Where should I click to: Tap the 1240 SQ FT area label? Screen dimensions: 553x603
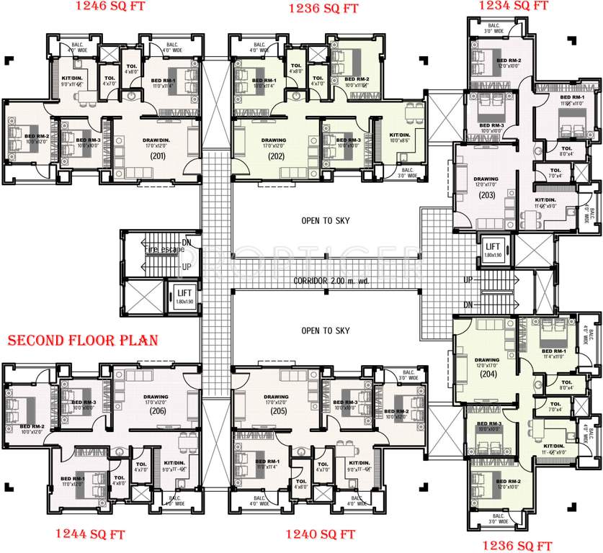(320, 534)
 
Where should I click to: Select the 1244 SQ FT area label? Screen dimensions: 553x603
(90, 534)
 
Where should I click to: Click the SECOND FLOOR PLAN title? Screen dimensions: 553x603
(83, 339)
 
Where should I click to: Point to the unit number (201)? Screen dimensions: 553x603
(158, 156)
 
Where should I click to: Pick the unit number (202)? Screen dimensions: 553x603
(275, 156)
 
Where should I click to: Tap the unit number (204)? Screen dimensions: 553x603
(486, 374)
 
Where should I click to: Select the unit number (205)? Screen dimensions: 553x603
(275, 411)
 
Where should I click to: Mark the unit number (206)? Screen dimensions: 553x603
(158, 411)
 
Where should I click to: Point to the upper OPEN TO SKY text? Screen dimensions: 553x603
(325, 220)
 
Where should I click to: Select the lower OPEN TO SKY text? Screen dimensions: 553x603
(325, 330)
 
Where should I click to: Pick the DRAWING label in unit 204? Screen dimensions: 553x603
(486, 360)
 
